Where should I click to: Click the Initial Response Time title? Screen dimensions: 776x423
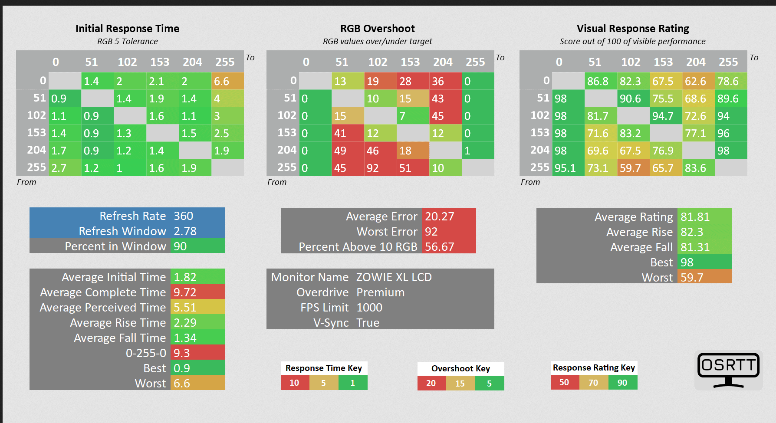[127, 29]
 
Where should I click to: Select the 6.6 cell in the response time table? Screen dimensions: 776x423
[227, 81]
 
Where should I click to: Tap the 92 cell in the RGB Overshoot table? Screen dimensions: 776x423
[381, 168]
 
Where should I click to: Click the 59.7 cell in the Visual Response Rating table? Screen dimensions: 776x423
[634, 168]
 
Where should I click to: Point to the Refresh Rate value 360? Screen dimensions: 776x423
[184, 216]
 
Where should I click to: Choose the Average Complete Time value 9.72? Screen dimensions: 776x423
[185, 292]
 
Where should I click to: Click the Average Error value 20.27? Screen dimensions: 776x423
[440, 216]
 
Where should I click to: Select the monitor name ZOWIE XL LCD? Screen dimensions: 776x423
[394, 277]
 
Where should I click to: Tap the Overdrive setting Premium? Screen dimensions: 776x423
[380, 292]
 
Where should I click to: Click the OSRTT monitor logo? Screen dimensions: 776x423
[729, 370]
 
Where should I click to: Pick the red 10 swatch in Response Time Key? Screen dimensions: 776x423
[295, 383]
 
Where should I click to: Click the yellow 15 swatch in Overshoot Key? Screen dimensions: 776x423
[460, 383]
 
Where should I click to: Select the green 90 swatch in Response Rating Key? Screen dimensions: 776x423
[623, 383]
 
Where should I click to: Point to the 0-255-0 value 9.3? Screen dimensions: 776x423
[182, 353]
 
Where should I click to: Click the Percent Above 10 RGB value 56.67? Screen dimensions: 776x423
[440, 247]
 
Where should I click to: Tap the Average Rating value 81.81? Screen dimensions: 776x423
[695, 217]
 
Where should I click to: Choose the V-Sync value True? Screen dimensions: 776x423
[368, 323]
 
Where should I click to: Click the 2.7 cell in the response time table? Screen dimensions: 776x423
[65, 168]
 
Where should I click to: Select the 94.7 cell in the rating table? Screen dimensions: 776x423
[666, 116]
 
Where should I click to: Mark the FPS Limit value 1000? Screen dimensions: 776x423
[369, 308]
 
